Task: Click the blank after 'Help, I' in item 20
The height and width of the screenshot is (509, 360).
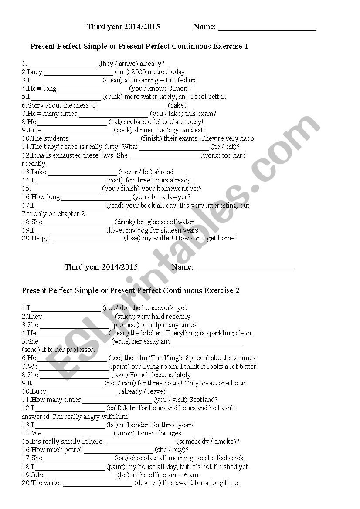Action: [x=87, y=239]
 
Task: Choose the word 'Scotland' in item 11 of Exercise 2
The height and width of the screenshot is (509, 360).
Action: [x=202, y=400]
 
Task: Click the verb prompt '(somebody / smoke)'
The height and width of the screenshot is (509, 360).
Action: [x=207, y=442]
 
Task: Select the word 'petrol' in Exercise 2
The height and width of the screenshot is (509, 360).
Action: [x=71, y=450]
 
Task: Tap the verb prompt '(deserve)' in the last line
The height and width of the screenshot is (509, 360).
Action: [x=148, y=483]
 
